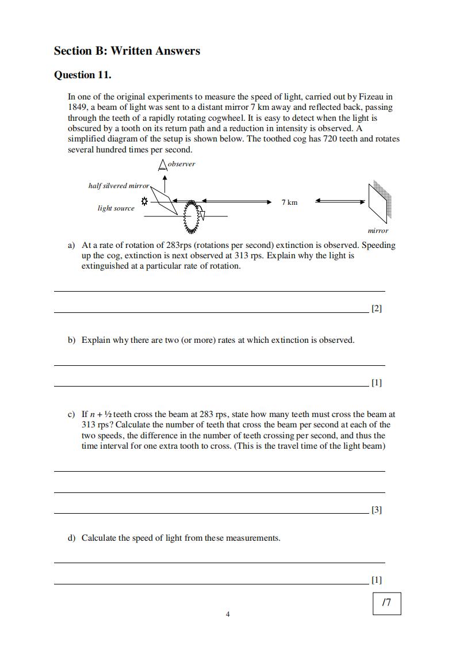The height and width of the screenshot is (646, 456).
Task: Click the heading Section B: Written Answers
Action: (x=127, y=51)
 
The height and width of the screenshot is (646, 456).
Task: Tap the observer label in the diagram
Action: (x=181, y=164)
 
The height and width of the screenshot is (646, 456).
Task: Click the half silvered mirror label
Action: (x=118, y=185)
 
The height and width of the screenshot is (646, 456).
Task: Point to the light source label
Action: (x=116, y=208)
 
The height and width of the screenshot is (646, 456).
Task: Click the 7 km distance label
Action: (x=289, y=202)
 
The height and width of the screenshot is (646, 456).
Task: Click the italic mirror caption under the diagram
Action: (x=378, y=231)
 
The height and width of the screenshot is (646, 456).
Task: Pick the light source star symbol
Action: (x=144, y=202)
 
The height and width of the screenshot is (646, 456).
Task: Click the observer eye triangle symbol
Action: (x=163, y=166)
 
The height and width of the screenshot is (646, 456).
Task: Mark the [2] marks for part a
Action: (x=377, y=308)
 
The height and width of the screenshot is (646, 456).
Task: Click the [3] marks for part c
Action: (x=377, y=510)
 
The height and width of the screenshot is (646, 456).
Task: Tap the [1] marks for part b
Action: (x=377, y=383)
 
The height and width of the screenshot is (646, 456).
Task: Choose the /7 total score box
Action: (x=386, y=603)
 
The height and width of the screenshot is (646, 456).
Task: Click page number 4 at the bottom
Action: (x=228, y=614)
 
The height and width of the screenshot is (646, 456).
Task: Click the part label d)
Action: (x=72, y=538)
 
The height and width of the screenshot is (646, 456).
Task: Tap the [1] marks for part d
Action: (x=377, y=580)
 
